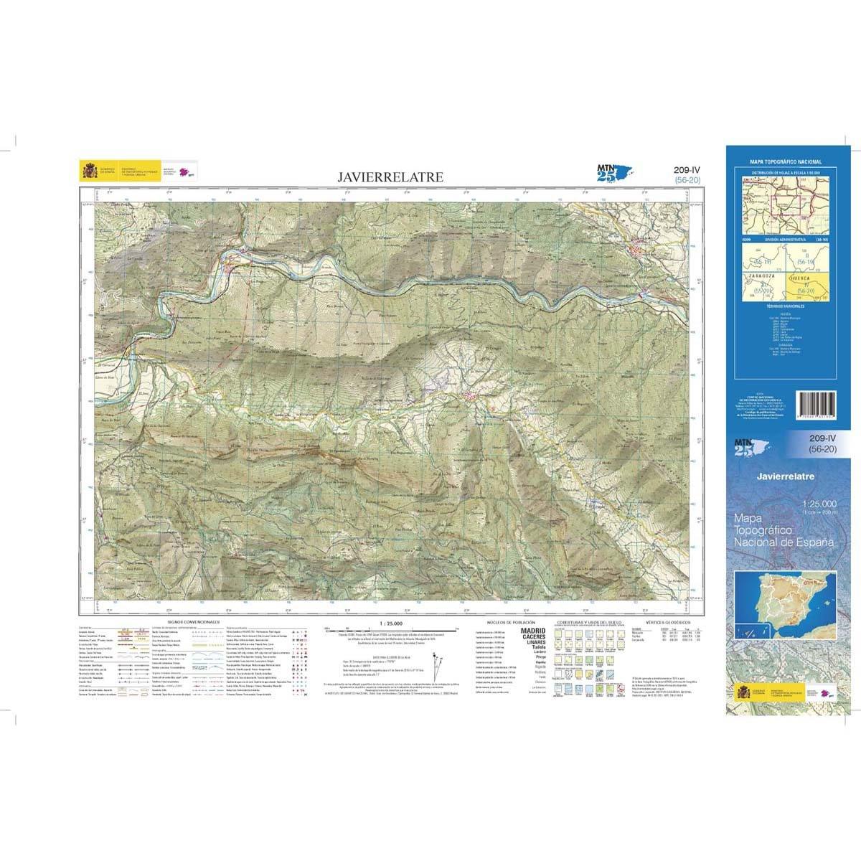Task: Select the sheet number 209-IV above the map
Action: click(x=687, y=169)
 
